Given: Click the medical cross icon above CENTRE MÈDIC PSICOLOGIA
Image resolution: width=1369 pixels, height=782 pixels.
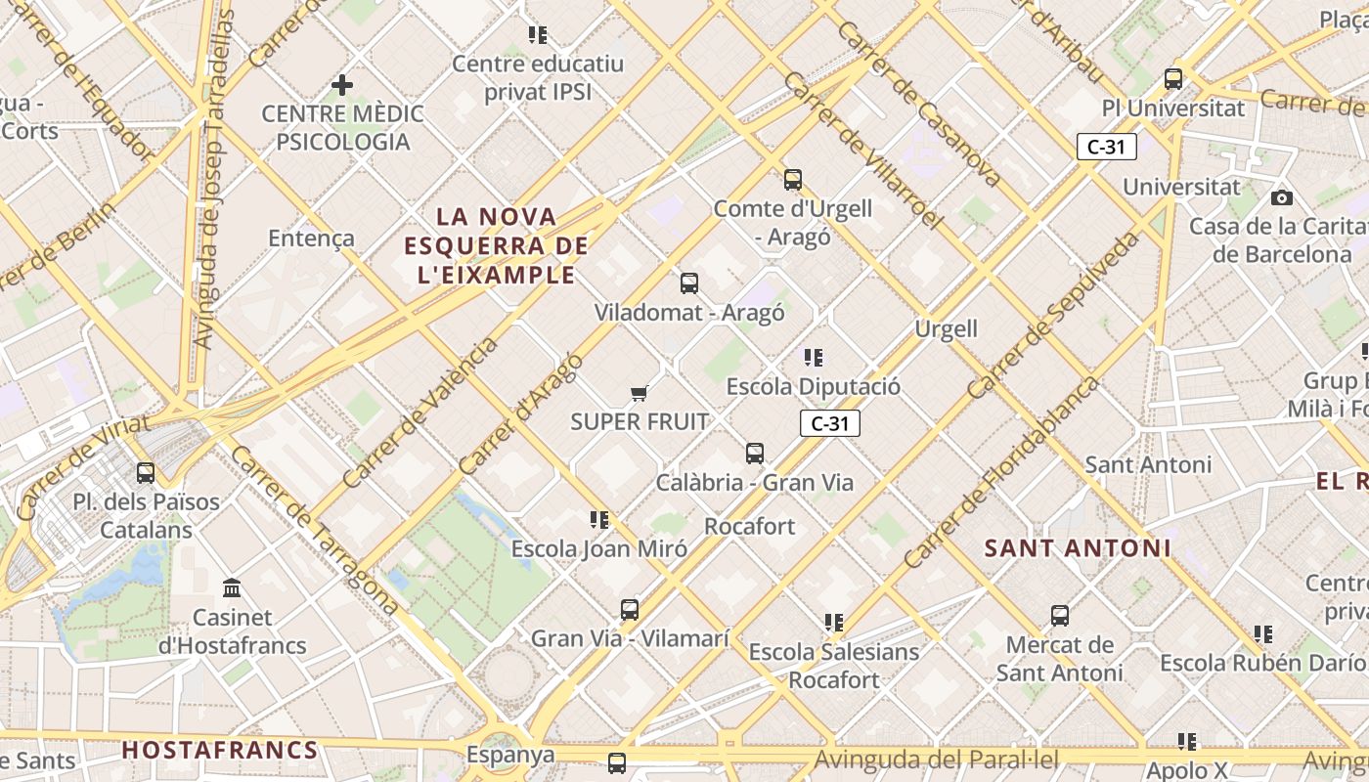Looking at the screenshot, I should click(x=341, y=85).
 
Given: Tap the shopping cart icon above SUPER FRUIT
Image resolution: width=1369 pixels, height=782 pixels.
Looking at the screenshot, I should click(x=639, y=393).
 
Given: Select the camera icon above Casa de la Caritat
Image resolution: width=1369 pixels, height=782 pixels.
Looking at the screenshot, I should click(x=1281, y=197).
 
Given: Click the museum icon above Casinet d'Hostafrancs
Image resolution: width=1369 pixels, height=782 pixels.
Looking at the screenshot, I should click(x=232, y=588).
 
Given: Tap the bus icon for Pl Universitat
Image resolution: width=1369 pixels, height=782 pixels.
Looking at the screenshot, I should click(x=1172, y=79).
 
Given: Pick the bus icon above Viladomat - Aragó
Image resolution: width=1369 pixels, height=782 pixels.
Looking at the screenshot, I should click(x=689, y=283).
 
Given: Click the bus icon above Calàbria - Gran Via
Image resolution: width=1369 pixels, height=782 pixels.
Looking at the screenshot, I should click(x=754, y=454).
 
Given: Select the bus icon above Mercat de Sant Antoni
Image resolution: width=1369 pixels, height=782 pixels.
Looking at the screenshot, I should click(x=1060, y=616).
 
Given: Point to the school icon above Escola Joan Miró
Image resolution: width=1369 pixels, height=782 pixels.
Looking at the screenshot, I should click(x=599, y=520).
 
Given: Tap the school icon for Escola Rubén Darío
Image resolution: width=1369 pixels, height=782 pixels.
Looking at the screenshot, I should click(x=1263, y=634).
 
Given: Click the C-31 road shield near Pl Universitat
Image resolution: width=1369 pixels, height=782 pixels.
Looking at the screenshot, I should click(x=1106, y=147).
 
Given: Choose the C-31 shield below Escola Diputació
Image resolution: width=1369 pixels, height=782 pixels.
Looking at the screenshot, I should click(x=829, y=423).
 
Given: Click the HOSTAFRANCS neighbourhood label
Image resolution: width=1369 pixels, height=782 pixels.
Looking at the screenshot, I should click(x=220, y=751).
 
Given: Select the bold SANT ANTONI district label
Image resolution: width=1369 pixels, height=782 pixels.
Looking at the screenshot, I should click(x=1077, y=548).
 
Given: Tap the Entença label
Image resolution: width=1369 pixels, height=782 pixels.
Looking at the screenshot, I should click(x=311, y=238).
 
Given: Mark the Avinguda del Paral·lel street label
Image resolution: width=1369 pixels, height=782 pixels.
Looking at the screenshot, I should click(x=937, y=760).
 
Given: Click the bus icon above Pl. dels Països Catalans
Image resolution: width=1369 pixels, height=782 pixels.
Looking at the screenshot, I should click(x=146, y=473).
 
